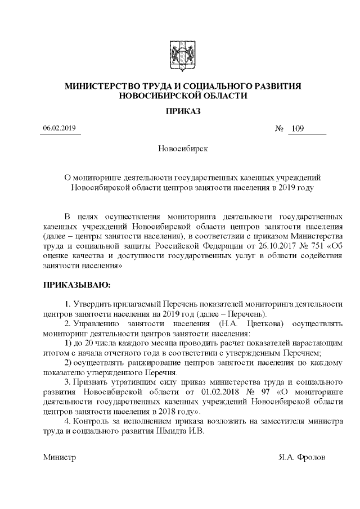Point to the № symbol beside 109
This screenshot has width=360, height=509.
tap(279, 129)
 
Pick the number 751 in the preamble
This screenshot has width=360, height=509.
tap(310, 246)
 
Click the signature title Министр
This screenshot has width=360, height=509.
tap(60, 457)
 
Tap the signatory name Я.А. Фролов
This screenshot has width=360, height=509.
tap(301, 457)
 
